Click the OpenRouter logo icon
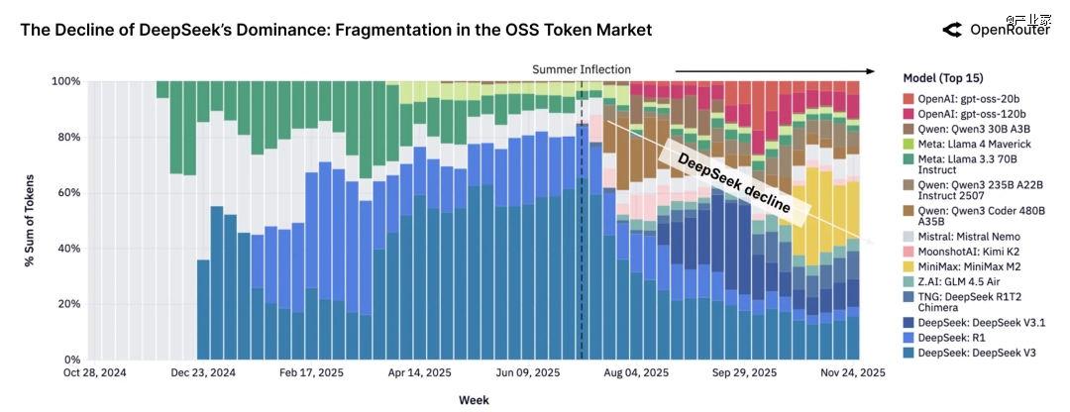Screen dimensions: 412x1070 pyautogui.click(x=952, y=30)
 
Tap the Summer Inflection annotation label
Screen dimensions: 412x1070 pyautogui.click(x=581, y=69)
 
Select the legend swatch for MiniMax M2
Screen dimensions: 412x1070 pyautogui.click(x=909, y=265)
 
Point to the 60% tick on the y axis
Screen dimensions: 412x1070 pyautogui.click(x=65, y=193)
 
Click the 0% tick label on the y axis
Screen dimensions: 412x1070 pyautogui.click(x=69, y=360)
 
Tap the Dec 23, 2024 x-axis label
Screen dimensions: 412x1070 pyautogui.click(x=203, y=374)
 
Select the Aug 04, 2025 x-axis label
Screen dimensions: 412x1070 pyautogui.click(x=636, y=374)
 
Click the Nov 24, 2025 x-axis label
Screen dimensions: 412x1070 pyautogui.click(x=851, y=374)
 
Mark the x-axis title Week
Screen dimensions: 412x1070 pyautogui.click(x=473, y=400)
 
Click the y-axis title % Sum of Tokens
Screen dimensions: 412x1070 pyautogui.click(x=31, y=220)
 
